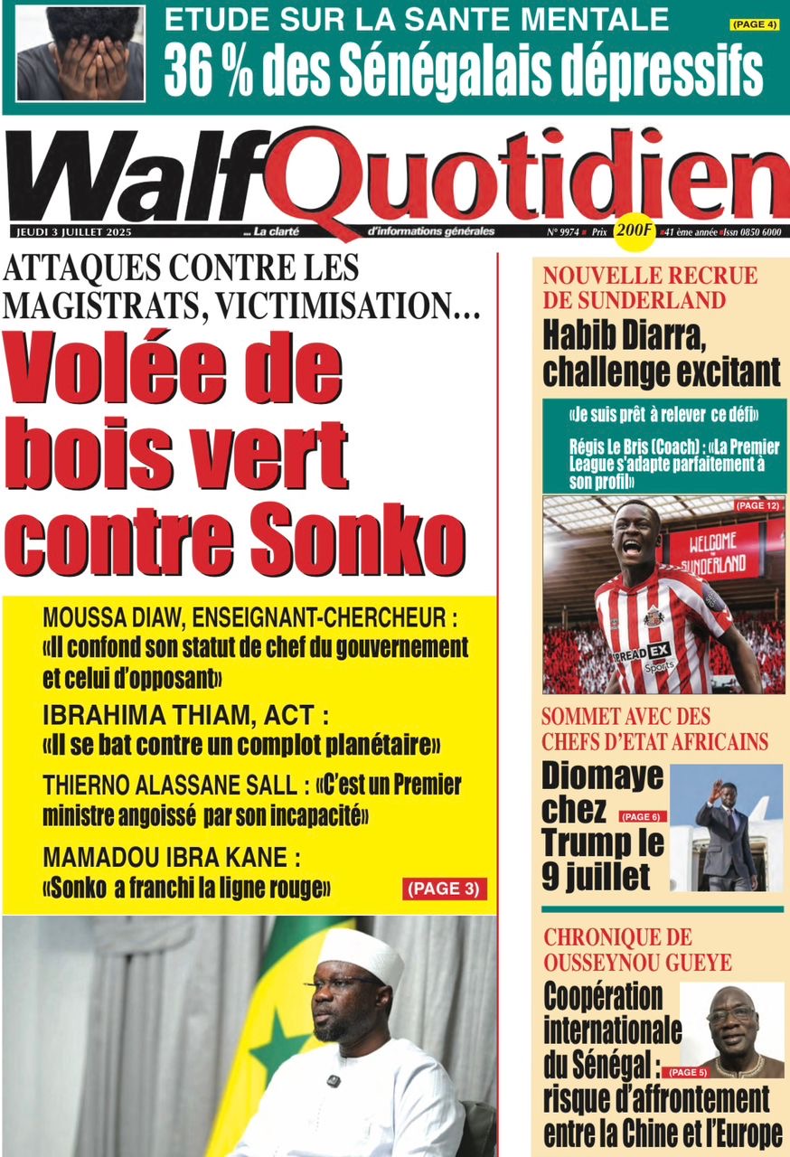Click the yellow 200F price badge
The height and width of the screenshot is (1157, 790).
tap(633, 230)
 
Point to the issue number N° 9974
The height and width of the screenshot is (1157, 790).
tap(562, 231)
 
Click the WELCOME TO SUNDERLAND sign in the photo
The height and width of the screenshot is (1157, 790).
tap(715, 552)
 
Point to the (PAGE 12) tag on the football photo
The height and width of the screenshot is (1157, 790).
tap(756, 505)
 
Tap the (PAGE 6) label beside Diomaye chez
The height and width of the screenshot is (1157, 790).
tap(642, 817)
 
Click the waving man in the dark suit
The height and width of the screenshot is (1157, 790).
tap(725, 837)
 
